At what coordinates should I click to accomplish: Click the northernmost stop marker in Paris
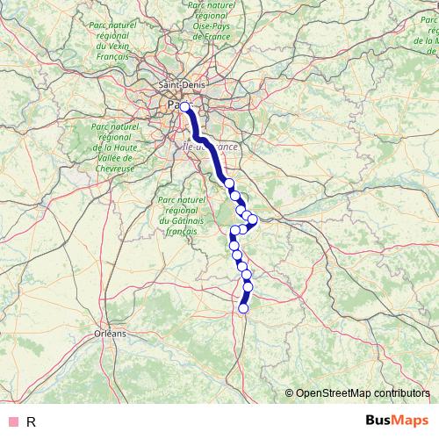click(185, 106)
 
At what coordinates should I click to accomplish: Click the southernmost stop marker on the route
click(243, 307)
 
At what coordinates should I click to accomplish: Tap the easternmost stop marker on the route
click(252, 219)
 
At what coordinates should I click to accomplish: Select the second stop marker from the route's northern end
click(229, 184)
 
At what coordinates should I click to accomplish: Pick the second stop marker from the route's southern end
click(248, 286)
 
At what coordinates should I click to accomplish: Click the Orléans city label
click(110, 334)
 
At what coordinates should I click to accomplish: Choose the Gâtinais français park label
click(182, 218)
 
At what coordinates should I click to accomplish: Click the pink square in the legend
click(13, 421)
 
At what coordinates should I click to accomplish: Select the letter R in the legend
click(32, 421)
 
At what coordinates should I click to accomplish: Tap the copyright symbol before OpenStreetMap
click(290, 392)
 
